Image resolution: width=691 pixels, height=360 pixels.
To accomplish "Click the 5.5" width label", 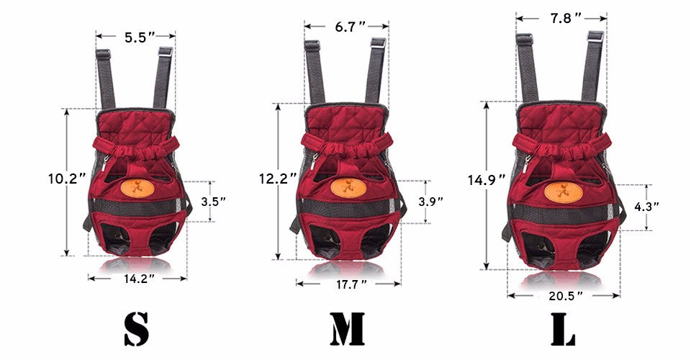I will (136, 37).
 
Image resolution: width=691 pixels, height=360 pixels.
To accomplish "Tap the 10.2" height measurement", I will (67, 179).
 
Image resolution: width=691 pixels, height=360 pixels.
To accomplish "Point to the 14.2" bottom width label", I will (137, 279).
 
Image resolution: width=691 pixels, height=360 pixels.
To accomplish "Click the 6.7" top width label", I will (351, 27).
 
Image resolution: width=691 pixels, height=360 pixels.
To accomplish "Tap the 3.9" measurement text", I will (430, 202).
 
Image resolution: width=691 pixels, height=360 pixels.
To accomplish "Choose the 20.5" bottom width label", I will (564, 296).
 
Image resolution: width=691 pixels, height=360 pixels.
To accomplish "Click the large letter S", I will (137, 329).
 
